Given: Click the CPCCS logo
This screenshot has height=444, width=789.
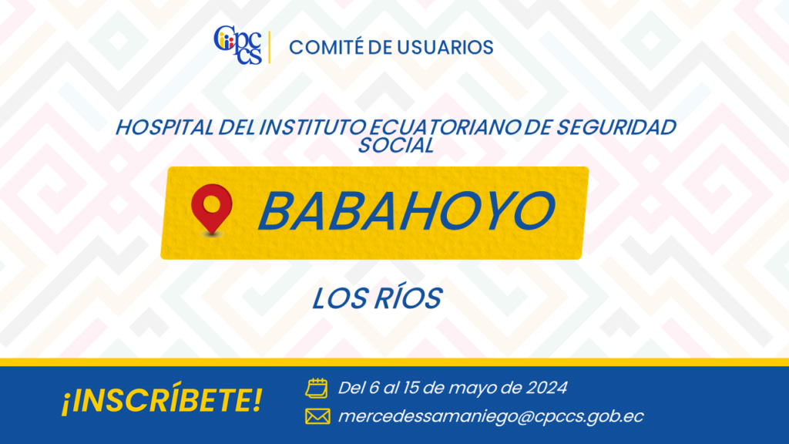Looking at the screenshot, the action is point(238,45).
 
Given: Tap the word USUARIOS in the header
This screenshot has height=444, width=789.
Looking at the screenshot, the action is point(445,48).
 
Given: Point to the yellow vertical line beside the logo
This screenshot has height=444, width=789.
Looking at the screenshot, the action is point(270,47).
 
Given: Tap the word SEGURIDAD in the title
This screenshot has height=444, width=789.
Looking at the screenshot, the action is point(616,128).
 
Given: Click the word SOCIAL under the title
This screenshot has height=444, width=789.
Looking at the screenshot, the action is point(396,146).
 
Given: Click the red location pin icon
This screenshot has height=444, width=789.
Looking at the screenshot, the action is point(212,209).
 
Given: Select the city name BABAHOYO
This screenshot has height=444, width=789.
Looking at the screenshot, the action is point(407,211).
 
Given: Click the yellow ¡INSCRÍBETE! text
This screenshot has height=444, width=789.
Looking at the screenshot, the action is point(162,400).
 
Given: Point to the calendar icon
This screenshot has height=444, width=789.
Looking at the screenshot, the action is point(317,388).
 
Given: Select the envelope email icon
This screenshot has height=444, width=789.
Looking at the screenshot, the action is point(317,416).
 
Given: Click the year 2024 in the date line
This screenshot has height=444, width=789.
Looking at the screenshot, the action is point(547,388).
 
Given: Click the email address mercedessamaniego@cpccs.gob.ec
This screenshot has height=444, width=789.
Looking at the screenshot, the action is point(491,417).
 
